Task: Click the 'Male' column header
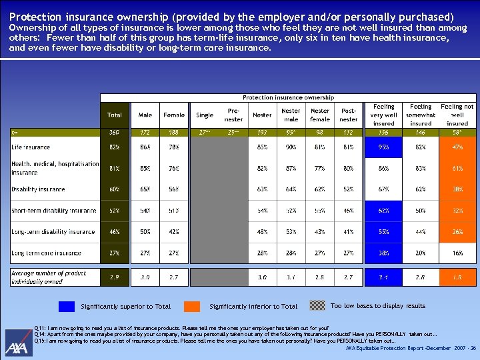[x=145, y=115]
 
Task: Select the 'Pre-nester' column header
[x=233, y=115]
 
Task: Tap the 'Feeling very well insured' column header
[x=384, y=115]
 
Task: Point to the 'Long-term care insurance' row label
[x=47, y=253]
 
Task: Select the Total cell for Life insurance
[x=115, y=147]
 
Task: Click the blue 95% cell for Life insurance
[x=384, y=147]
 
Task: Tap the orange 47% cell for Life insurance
[x=457, y=147]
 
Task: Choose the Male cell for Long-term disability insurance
[x=145, y=232]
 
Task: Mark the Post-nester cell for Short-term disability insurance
[x=349, y=211]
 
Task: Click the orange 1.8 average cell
[x=457, y=275]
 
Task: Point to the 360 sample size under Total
[x=115, y=133]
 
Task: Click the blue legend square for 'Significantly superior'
[x=66, y=307]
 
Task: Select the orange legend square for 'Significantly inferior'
[x=192, y=307]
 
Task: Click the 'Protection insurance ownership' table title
[x=288, y=97]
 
